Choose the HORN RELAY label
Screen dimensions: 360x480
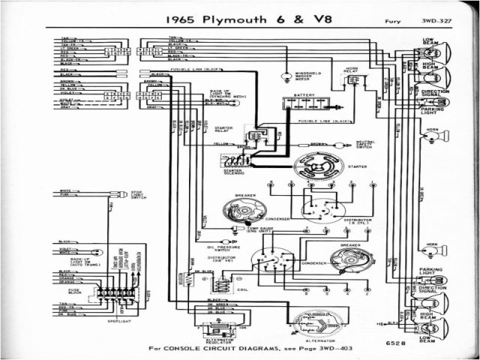(352, 71)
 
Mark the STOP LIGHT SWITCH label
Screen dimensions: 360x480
(139, 195)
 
